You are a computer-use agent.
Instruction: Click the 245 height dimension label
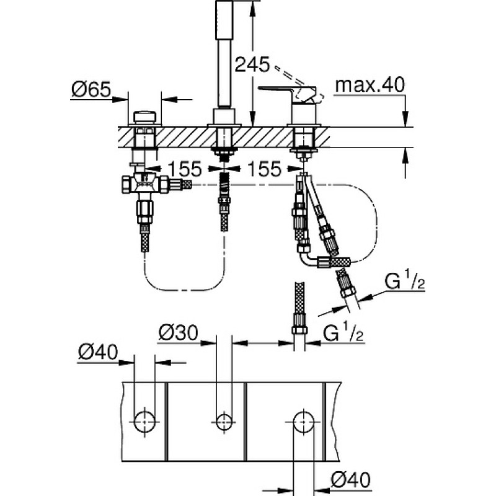tap(252, 64)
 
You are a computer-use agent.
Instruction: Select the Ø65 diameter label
tap(91, 89)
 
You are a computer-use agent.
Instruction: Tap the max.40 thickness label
tap(370, 85)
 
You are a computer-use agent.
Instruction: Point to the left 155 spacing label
tap(185, 169)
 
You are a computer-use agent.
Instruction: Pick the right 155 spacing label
tap(265, 169)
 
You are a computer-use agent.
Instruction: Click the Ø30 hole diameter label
tap(178, 333)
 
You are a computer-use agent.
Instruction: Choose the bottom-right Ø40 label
tap(350, 480)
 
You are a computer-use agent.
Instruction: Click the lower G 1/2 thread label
tap(343, 333)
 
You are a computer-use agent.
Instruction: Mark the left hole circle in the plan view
tap(144, 422)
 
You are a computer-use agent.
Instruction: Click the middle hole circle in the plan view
tap(224, 422)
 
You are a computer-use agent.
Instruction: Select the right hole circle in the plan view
tap(304, 422)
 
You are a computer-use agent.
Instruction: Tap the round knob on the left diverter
tap(144, 117)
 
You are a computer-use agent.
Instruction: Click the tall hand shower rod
tap(224, 54)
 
